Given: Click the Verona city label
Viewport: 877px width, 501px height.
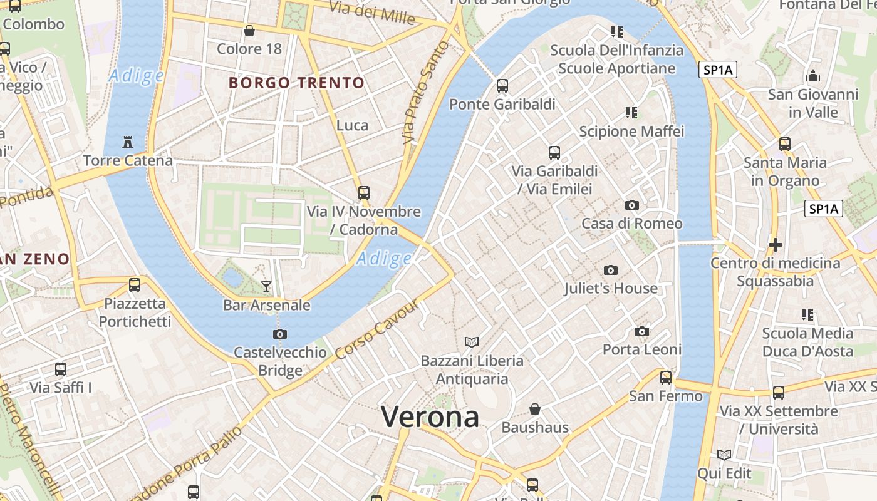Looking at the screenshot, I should (x=430, y=417).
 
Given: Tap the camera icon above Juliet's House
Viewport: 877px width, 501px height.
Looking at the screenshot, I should (x=611, y=271).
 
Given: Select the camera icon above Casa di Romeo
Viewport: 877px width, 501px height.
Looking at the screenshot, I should (x=632, y=205).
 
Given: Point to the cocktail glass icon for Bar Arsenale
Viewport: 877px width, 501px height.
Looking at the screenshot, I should (x=266, y=287).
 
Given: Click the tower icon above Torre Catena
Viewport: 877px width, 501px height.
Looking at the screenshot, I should (x=128, y=142).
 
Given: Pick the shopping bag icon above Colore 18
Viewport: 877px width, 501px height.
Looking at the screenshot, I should (x=249, y=31).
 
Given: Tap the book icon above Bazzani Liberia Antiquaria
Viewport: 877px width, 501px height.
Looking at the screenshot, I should (x=472, y=342).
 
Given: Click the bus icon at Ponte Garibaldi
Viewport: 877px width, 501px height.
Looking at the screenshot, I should (x=502, y=86).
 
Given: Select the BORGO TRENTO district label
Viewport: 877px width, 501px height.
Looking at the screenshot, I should (x=296, y=83).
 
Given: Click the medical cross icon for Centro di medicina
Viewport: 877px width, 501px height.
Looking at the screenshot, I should (x=776, y=244).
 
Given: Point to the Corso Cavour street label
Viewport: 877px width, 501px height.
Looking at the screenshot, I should (x=376, y=333).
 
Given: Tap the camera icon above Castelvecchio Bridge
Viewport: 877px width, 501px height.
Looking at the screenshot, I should (x=280, y=334).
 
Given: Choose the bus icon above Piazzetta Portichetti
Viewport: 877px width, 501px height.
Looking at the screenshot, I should (x=135, y=285).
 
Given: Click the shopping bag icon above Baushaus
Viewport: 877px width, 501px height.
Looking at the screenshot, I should (x=535, y=409).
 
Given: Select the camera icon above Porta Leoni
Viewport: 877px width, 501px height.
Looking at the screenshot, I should (x=642, y=331).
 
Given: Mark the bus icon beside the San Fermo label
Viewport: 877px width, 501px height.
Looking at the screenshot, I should (x=665, y=378).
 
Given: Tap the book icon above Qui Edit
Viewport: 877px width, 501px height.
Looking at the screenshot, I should (x=724, y=455).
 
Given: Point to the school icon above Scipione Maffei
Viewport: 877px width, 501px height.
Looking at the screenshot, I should (x=631, y=113).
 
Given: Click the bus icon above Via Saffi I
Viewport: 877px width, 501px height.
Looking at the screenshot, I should (x=61, y=369).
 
